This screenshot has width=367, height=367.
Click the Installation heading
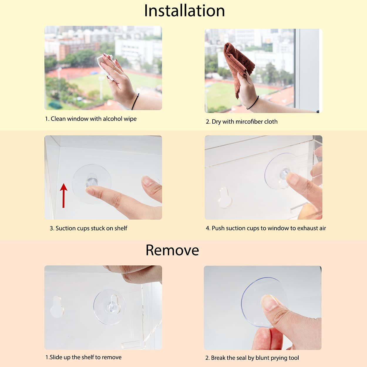click(x=184, y=11)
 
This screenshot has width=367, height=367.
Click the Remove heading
click(x=172, y=250)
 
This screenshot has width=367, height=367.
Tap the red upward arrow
click(x=64, y=196)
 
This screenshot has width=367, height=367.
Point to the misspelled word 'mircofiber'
click(x=248, y=122)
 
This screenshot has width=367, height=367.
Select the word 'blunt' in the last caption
click(x=263, y=358)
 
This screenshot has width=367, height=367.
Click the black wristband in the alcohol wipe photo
click(x=135, y=101)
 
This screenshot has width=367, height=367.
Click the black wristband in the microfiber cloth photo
click(x=253, y=103)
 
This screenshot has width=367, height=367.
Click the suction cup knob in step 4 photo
click(x=284, y=173)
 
